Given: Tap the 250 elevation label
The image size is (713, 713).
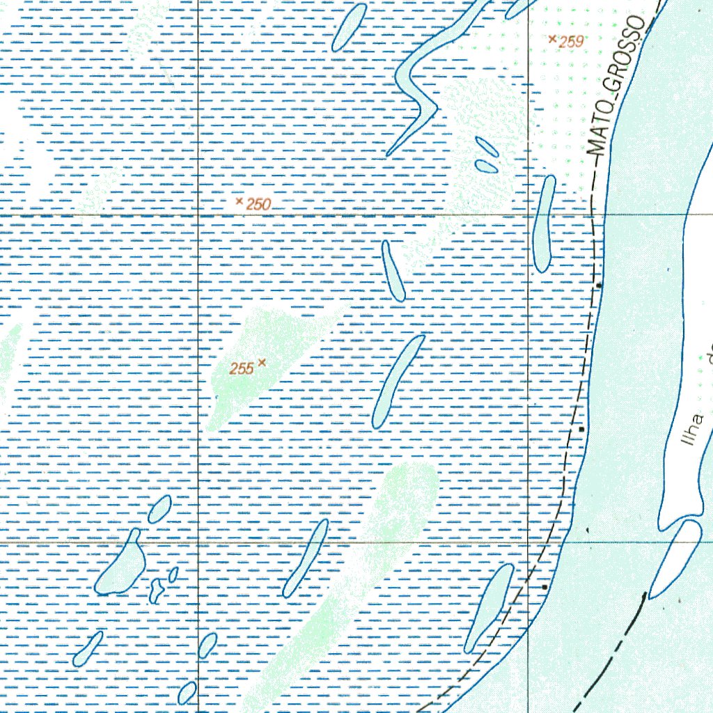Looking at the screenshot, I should pyautogui.click(x=258, y=205).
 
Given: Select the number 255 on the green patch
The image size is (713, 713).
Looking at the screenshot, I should pyautogui.click(x=242, y=369).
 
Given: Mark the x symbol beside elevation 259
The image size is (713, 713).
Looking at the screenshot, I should pyautogui.click(x=553, y=39).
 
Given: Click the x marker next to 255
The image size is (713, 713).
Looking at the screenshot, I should pyautogui.click(x=262, y=362).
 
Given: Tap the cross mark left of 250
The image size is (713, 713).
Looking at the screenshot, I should pyautogui.click(x=240, y=201).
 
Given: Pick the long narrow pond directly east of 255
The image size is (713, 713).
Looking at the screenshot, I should pyautogui.click(x=398, y=381).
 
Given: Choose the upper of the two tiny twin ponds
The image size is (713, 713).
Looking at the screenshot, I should pyautogui.click(x=486, y=146).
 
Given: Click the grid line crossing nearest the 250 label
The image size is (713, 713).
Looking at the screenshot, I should pyautogui.click(x=199, y=216).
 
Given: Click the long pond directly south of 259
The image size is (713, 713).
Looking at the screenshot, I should pyautogui.click(x=544, y=224).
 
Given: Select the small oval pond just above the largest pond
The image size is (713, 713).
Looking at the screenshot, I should pyautogui.click(x=159, y=509).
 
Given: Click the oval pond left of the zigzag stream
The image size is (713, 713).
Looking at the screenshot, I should pyautogui.click(x=350, y=28).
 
